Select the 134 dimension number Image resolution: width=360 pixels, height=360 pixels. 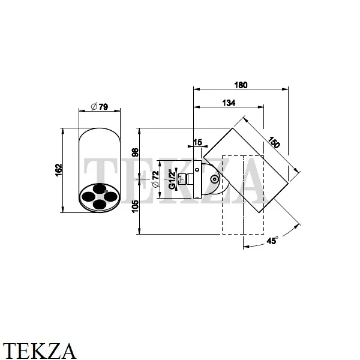228,103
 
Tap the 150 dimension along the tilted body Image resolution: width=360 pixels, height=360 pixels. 275,144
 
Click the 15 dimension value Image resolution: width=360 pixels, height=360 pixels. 198,143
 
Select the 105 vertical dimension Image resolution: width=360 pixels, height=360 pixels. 135,206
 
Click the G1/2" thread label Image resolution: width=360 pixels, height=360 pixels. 172,179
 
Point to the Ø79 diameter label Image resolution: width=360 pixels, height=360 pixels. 100,107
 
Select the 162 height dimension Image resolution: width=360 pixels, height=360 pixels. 58,170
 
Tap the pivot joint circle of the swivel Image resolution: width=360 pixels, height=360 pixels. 214,179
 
